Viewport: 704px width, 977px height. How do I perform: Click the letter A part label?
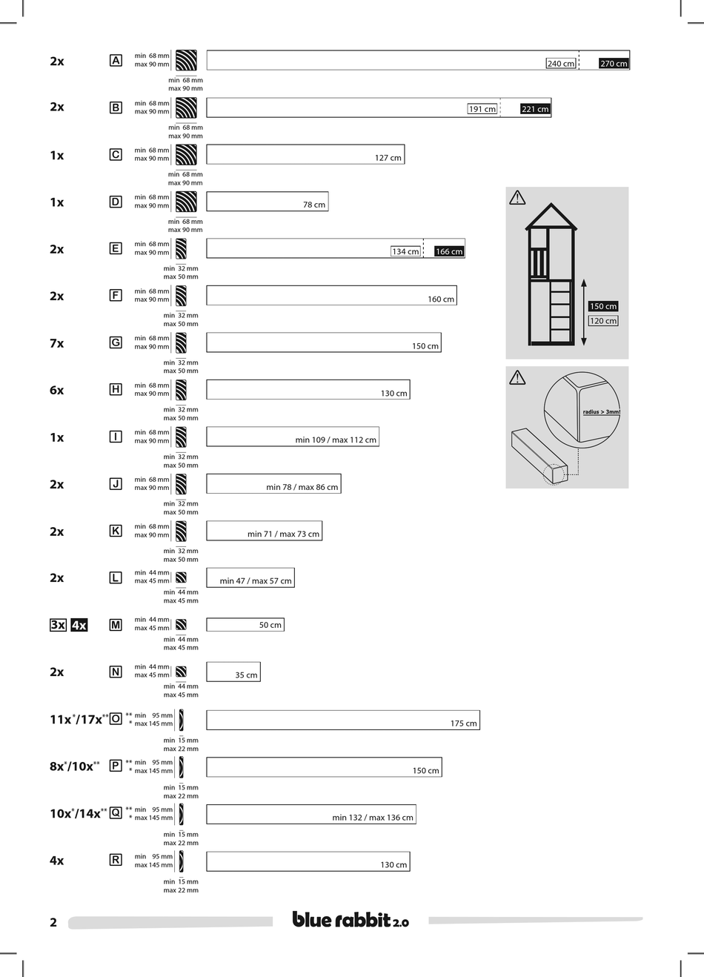(x=116, y=61)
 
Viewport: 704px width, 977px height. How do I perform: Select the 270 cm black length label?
(x=614, y=64)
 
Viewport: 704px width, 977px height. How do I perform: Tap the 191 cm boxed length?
(x=482, y=109)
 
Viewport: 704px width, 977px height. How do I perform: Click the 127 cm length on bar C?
(x=388, y=158)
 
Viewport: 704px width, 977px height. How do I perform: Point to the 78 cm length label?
(x=313, y=205)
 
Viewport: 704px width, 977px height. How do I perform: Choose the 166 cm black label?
(x=449, y=251)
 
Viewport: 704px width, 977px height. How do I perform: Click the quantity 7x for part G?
(x=57, y=343)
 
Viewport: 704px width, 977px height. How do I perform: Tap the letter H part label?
(x=116, y=390)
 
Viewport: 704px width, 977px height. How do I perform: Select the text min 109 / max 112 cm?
(x=336, y=440)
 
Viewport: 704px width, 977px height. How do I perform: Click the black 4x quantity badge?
(x=79, y=625)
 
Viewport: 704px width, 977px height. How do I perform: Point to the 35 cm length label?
(x=246, y=675)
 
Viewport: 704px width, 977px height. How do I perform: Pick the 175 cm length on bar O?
(x=464, y=723)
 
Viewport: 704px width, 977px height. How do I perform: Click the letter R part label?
(x=116, y=860)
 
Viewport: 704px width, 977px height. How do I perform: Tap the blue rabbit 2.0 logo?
(x=350, y=920)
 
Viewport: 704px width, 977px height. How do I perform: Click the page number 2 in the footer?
(x=53, y=923)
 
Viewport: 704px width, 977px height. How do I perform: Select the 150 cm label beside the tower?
(x=603, y=306)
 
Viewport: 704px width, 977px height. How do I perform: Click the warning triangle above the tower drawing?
(x=517, y=197)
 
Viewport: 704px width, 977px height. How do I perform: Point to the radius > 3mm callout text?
(x=600, y=412)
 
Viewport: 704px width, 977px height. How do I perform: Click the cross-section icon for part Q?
(x=181, y=813)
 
